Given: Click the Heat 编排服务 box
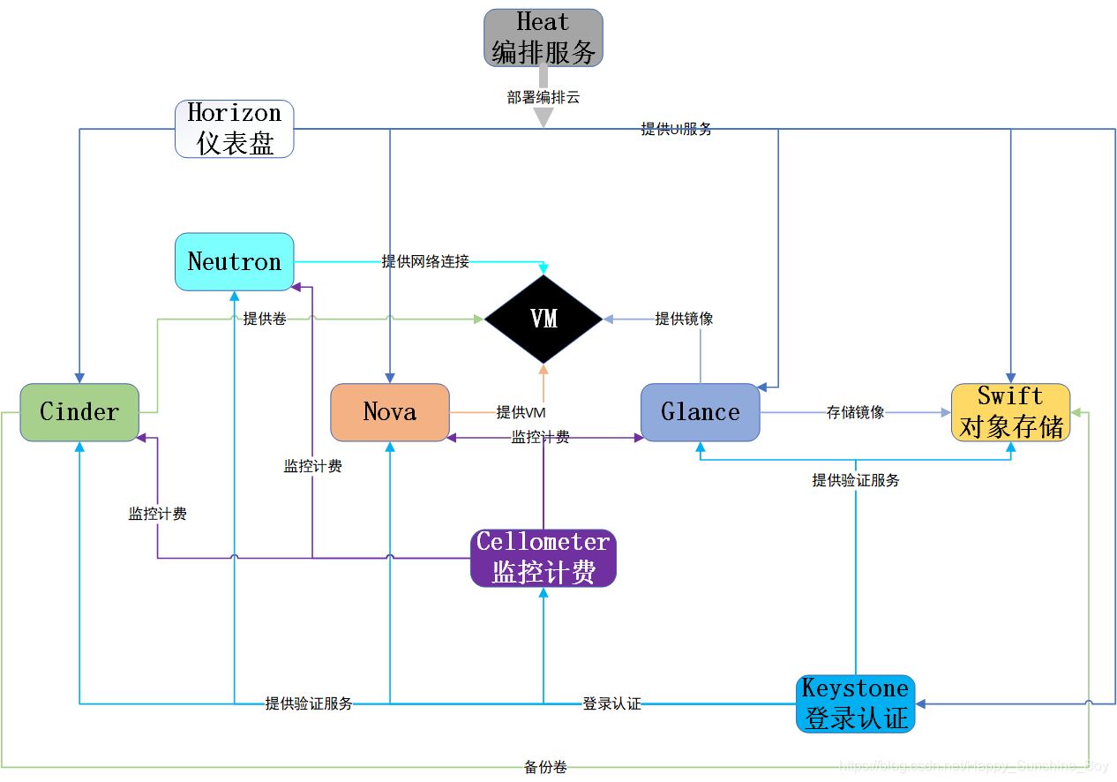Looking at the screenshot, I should [x=543, y=38].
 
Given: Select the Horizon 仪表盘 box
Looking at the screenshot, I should [x=234, y=129].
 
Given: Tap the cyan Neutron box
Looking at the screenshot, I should [x=234, y=262].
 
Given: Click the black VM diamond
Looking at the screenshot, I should [x=544, y=319].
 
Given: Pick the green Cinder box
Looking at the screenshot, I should [x=79, y=412].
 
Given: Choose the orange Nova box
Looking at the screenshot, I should [x=390, y=412].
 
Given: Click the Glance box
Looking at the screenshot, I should [x=700, y=412].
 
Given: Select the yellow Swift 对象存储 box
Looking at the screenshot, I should [x=1010, y=412].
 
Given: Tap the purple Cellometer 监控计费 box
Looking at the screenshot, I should [x=543, y=558].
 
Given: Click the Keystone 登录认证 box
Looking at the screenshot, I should [x=855, y=703].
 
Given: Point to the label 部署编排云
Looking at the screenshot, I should [x=544, y=97].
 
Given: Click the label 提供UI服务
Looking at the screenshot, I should [x=676, y=129].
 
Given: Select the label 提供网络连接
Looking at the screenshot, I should [x=425, y=261].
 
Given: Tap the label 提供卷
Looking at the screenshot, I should [x=265, y=319].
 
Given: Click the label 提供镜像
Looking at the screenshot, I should [x=684, y=319].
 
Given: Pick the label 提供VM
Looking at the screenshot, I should [x=521, y=412].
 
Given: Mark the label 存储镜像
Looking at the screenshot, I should [x=855, y=412].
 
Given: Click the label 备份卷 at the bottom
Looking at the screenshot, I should [x=545, y=767].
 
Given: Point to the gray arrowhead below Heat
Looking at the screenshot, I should [x=544, y=117].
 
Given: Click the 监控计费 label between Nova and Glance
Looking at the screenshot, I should [x=540, y=437].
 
